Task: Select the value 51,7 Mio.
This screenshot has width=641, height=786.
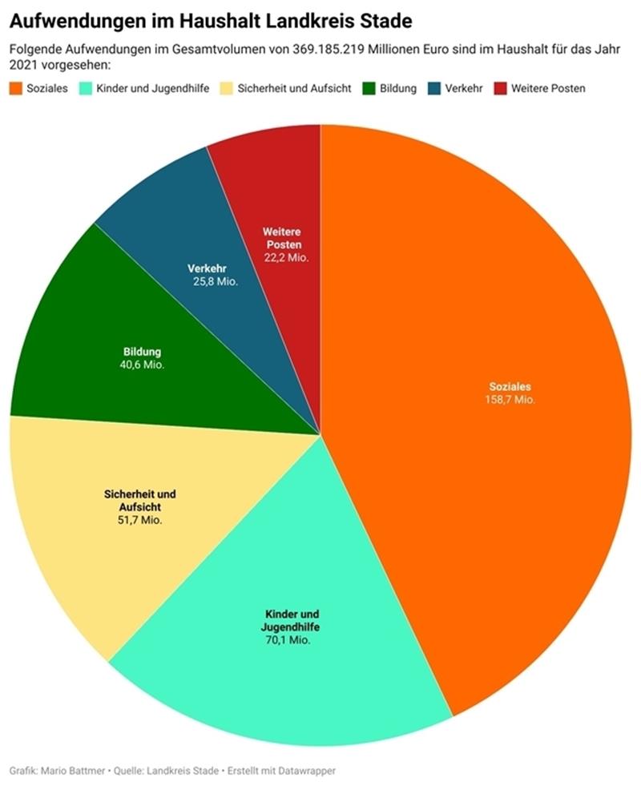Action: pyautogui.click(x=140, y=520)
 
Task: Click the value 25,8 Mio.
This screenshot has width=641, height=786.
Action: pyautogui.click(x=216, y=282)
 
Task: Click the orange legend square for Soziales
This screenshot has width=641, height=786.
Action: pyautogui.click(x=16, y=88)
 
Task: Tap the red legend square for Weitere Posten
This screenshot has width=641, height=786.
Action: pyautogui.click(x=501, y=88)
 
